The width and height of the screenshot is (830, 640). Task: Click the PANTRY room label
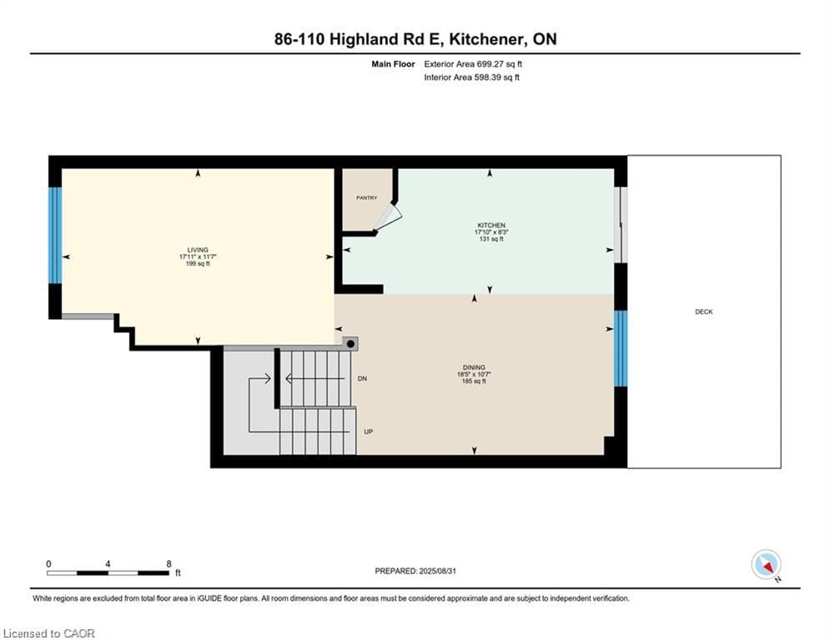coord(366,197)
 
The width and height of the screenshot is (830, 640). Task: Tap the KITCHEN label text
coord(491,225)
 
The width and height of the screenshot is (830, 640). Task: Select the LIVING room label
coord(198,250)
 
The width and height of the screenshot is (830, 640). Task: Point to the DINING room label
coord(474,367)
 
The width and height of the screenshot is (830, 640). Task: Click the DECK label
coord(703,312)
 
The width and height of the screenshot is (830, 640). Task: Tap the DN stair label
coord(362,378)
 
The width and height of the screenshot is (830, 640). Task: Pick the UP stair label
coord(369,432)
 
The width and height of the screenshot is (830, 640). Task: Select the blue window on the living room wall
coord(55,235)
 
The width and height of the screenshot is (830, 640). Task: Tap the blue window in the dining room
coord(621,348)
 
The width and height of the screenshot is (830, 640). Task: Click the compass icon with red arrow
coord(766,564)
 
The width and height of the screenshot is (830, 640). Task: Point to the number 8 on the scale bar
coord(169,564)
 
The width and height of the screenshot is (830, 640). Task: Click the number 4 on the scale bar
coord(108,564)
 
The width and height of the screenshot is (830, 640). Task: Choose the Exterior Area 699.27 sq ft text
coord(473,64)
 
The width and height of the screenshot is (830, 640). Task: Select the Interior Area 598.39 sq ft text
coord(471,77)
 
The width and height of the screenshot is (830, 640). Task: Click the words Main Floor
coord(393,64)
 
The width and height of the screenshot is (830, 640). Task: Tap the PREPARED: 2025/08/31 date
coord(415,571)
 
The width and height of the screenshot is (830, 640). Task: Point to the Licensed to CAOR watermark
coord(48,633)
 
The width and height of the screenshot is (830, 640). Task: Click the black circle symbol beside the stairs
coord(350,344)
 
